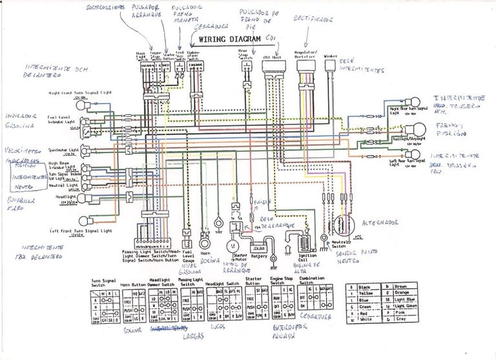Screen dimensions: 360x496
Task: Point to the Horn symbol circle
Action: click(205, 244)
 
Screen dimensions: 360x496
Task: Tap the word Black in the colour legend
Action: click(363, 286)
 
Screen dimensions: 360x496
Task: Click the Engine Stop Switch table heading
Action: click(277, 281)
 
